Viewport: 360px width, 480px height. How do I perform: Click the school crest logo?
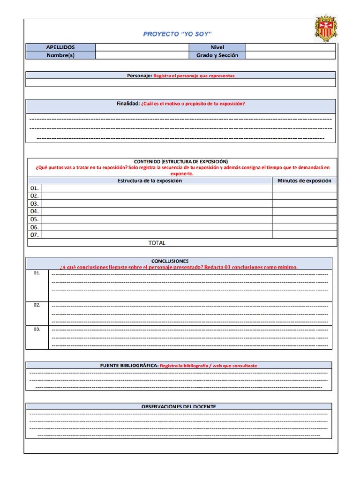point(325,29)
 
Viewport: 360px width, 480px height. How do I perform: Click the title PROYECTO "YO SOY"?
point(177,34)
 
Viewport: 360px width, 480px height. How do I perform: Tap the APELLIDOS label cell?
point(60,47)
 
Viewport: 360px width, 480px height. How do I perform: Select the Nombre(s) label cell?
point(60,55)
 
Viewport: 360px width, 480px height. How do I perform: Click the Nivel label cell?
point(217,47)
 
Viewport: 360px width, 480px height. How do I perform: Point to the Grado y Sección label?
point(217,55)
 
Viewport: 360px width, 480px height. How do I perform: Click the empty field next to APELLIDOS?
point(142,47)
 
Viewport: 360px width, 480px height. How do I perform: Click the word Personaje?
point(139,75)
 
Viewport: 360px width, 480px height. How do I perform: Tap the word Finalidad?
point(128,104)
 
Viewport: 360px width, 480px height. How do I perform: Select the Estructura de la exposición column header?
point(150,180)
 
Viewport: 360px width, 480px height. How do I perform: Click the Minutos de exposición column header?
point(304,180)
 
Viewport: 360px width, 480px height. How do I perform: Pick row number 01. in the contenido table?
point(34,188)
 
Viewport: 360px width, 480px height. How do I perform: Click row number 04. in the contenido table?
point(34,211)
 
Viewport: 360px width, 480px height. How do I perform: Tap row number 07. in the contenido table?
point(34,235)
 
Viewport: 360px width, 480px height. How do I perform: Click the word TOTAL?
point(157,243)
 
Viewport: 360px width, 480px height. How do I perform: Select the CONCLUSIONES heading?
point(170,261)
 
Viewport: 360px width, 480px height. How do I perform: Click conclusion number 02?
point(37,305)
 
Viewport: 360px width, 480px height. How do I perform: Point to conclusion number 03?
point(37,329)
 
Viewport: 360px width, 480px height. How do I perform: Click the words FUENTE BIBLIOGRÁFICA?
point(129,366)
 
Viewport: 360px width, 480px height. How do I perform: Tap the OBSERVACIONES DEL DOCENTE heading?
point(179,406)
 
